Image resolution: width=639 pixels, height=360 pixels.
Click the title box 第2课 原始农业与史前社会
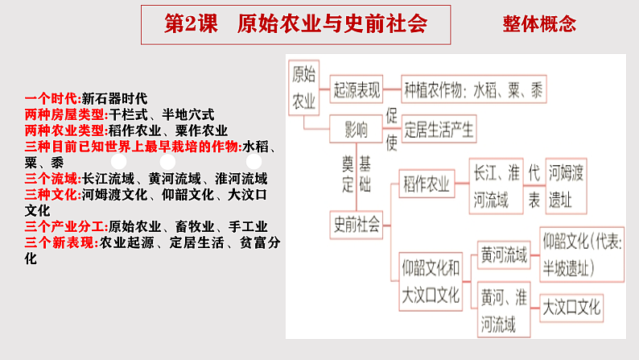tap(295, 23)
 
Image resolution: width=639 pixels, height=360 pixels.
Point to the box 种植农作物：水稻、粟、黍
tap(473, 89)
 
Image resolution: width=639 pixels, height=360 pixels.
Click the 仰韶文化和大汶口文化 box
tap(431, 281)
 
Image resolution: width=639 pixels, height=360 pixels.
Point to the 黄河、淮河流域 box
tap(504, 308)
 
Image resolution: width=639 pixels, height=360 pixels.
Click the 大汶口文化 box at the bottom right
tap(571, 307)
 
